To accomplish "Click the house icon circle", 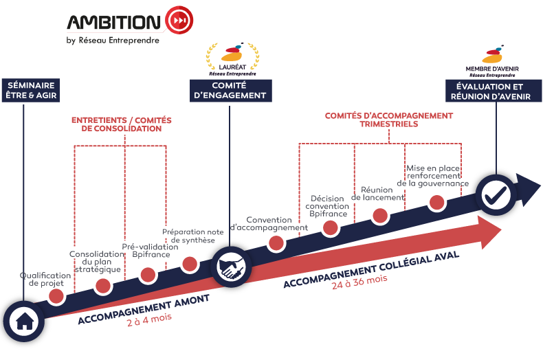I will point(23,320).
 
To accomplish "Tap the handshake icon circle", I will point(229,267).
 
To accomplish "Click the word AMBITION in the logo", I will point(114,22).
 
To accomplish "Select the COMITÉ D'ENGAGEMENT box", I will point(230,91).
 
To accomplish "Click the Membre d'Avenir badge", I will point(491,60).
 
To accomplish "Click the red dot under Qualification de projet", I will point(56,295).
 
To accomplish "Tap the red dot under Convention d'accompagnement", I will point(276,242).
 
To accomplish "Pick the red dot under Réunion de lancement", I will point(380,215).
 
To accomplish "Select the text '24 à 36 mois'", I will point(359,282).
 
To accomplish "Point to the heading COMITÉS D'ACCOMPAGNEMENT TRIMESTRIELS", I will point(388,120).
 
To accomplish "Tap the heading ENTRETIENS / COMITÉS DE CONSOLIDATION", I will point(122,124).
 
